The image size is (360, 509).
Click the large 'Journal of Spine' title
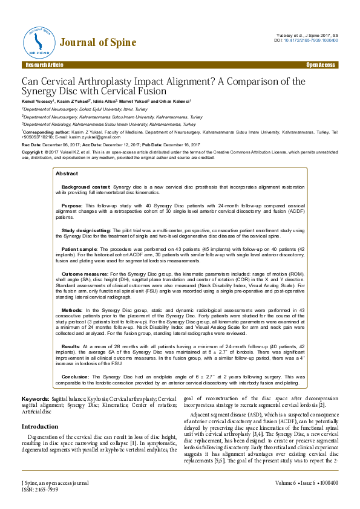click(97, 42)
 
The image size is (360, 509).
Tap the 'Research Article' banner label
click(43, 65)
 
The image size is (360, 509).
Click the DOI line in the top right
click(306, 40)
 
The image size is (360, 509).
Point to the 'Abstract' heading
click(67, 173)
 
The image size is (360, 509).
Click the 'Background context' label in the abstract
click(86, 187)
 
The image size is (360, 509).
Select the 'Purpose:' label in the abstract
click(73, 206)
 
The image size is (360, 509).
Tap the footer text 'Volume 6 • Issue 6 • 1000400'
click(306, 483)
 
